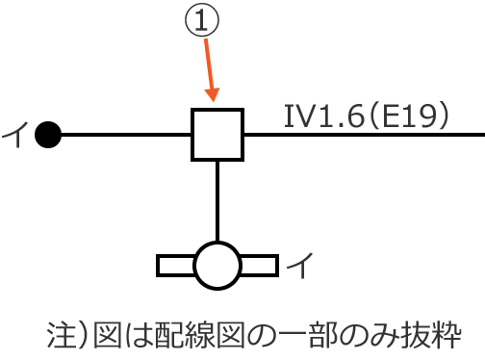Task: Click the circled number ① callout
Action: [x=203, y=23]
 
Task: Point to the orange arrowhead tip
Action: [x=214, y=99]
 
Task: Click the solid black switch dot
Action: [x=48, y=135]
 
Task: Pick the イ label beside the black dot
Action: [x=13, y=135]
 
